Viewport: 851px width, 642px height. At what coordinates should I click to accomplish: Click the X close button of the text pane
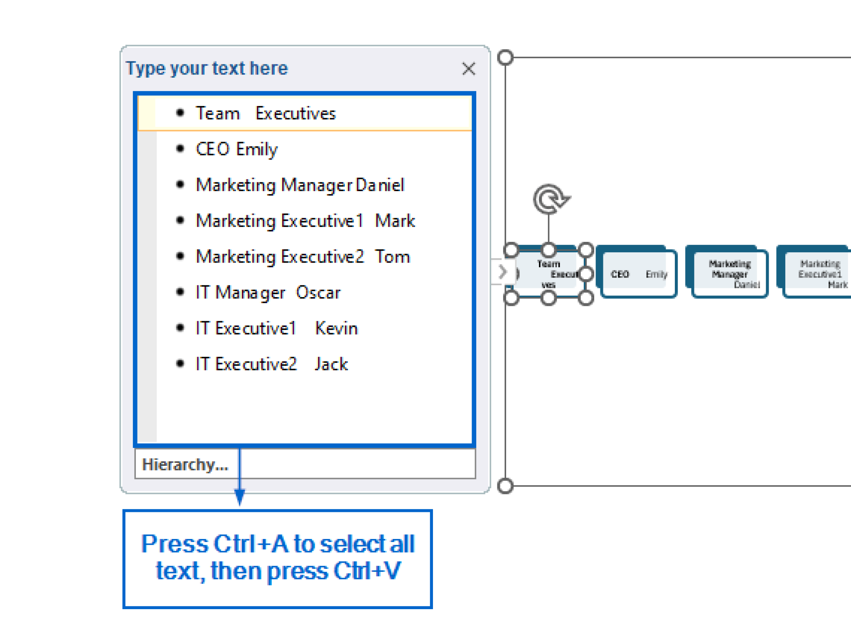(x=468, y=69)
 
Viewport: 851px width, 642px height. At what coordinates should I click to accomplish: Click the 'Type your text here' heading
(x=207, y=68)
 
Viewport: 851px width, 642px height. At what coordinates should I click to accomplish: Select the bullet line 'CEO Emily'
(x=236, y=149)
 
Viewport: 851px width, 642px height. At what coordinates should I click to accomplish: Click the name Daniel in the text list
(x=380, y=185)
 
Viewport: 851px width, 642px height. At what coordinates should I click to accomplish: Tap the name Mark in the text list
(x=394, y=221)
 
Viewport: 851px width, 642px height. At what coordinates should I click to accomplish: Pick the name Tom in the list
(x=392, y=256)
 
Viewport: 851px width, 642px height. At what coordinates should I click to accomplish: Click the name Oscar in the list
(x=318, y=293)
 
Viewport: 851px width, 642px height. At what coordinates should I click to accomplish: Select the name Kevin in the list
(x=336, y=328)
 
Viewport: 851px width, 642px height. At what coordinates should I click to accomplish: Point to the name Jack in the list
(x=331, y=364)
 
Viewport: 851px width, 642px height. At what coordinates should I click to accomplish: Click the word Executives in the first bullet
(x=295, y=113)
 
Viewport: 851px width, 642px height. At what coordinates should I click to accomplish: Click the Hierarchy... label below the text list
(x=185, y=464)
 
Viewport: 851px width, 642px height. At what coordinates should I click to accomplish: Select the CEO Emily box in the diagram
(x=638, y=273)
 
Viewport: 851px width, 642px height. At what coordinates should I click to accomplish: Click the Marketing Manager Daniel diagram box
(x=730, y=273)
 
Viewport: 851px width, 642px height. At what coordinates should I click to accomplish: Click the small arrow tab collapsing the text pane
(x=502, y=272)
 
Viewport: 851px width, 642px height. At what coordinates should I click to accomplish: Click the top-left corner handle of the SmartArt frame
(x=505, y=57)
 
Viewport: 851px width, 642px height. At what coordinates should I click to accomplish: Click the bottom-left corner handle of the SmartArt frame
(x=505, y=486)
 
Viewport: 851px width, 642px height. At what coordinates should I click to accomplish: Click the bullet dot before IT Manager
(x=180, y=292)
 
